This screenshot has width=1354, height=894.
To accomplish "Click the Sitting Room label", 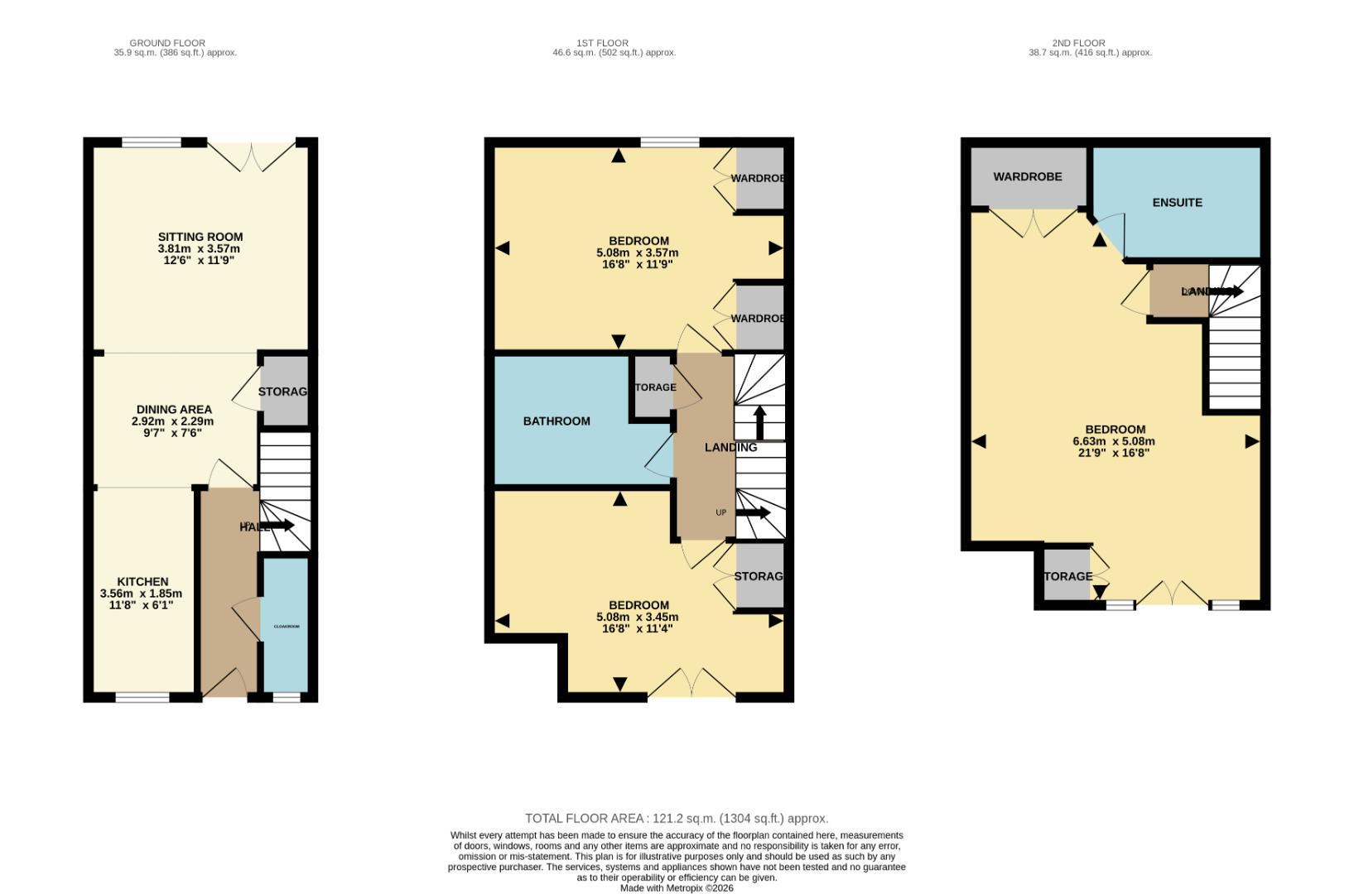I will tap(200, 237).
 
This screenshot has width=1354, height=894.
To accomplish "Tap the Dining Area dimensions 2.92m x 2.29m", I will tap(172, 421).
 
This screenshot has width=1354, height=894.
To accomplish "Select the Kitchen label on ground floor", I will tap(142, 582).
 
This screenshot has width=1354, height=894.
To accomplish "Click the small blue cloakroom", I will tap(286, 626).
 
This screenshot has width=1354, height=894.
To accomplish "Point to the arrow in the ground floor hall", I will tap(278, 526).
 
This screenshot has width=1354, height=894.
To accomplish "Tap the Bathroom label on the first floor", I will tap(557, 421).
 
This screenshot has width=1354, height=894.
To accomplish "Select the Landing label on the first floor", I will tap(730, 448).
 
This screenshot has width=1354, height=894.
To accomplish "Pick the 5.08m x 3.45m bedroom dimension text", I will tap(637, 617).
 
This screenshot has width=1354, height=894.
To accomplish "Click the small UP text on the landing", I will tap(720, 512).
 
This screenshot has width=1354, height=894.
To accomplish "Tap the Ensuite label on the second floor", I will tap(1177, 203).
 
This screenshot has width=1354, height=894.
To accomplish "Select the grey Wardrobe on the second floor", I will tap(1028, 177).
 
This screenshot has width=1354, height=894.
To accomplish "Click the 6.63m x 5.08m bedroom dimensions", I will tap(1114, 441).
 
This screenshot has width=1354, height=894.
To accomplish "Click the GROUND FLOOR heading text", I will tap(167, 43).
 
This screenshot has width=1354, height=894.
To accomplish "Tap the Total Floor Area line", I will tap(677, 819).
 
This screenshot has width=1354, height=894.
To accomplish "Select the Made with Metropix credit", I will tap(677, 888).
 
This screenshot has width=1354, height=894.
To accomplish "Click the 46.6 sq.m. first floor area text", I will tap(614, 53).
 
